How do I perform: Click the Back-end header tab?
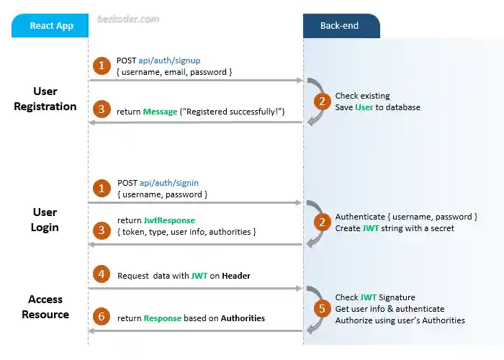(340, 26)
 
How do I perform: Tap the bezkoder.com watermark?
(128, 19)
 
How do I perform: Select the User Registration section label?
(45, 99)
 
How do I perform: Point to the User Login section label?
(45, 220)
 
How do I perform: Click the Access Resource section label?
(45, 307)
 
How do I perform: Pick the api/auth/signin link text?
(168, 183)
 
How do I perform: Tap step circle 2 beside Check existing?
(322, 102)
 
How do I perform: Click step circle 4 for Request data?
(102, 274)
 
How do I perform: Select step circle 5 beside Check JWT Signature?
(322, 309)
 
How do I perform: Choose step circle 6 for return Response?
(102, 318)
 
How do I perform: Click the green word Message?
(160, 112)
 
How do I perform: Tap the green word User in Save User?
(364, 107)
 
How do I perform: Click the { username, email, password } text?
(174, 72)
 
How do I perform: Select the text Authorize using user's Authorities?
(400, 320)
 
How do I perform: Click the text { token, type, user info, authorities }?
(186, 232)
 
